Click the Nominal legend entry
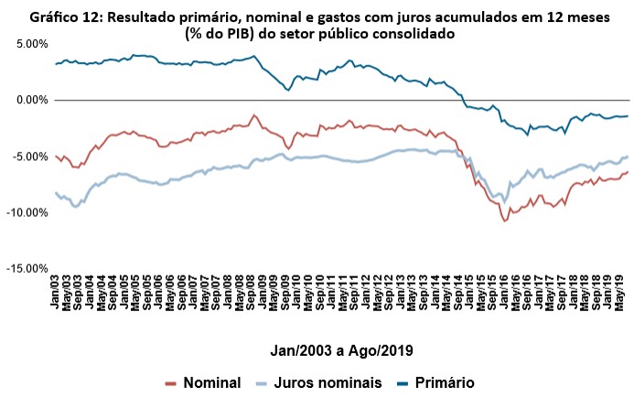204,383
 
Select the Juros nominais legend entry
316,383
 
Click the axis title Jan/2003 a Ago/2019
341,350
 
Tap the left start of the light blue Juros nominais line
56,193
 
